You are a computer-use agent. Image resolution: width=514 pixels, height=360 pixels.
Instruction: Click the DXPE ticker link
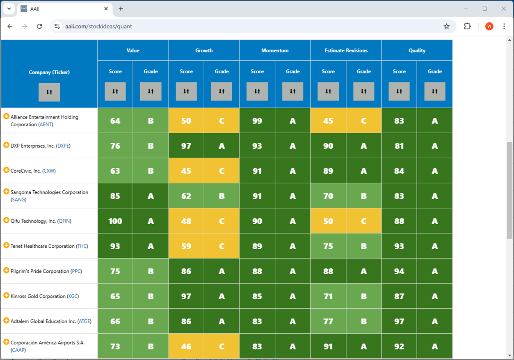pyautogui.click(x=63, y=146)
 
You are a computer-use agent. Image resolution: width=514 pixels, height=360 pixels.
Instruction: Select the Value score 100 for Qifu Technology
pyautogui.click(x=115, y=221)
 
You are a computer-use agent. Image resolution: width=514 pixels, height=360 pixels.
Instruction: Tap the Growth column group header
pyautogui.click(x=204, y=50)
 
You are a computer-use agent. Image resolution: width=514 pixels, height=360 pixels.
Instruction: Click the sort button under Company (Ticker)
pyautogui.click(x=49, y=92)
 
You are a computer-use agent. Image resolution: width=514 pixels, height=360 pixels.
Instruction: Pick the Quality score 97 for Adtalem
pyautogui.click(x=399, y=321)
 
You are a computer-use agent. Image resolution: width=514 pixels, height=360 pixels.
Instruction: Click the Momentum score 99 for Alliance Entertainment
pyautogui.click(x=257, y=121)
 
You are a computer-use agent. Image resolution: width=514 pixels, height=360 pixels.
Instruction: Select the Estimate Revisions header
pyautogui.click(x=346, y=50)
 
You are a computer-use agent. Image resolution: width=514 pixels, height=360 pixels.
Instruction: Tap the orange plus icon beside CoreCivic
pyautogui.click(x=6, y=170)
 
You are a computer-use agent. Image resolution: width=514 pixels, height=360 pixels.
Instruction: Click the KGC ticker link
pyautogui.click(x=73, y=296)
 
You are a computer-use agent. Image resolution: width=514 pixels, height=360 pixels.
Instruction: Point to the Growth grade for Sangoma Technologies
pyautogui.click(x=222, y=196)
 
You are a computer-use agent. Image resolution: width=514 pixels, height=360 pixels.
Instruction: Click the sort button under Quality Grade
pyautogui.click(x=434, y=91)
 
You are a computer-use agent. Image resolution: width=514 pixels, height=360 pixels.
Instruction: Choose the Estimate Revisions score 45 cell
pyautogui.click(x=328, y=121)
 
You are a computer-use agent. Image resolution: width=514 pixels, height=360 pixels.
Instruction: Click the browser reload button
pyautogui.click(x=39, y=26)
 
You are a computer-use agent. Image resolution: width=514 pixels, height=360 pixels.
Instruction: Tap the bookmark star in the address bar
pyautogui.click(x=446, y=26)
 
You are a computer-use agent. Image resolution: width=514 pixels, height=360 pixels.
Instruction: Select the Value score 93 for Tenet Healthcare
pyautogui.click(x=115, y=246)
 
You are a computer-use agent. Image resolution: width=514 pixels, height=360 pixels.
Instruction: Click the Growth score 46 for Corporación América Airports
pyautogui.click(x=186, y=346)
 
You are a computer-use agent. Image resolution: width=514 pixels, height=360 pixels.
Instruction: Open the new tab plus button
pyautogui.click(x=121, y=9)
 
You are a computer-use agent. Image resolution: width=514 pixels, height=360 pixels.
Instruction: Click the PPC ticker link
pyautogui.click(x=76, y=271)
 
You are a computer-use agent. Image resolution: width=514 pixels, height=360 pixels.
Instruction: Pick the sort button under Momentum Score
pyautogui.click(x=257, y=91)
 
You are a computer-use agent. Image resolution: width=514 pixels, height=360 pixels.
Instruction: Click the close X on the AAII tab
pyautogui.click(x=106, y=9)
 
